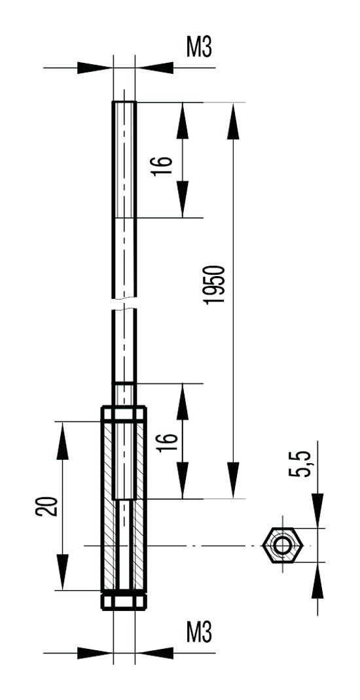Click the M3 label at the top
click(x=199, y=47)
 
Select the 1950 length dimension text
click(x=213, y=285)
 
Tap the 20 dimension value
click(x=47, y=506)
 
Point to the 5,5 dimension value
click(x=300, y=464)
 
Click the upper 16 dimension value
click(x=162, y=166)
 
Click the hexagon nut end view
click(x=282, y=545)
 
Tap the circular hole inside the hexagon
click(x=282, y=545)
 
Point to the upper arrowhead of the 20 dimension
click(x=63, y=440)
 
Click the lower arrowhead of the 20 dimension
click(x=63, y=572)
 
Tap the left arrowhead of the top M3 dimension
click(x=95, y=68)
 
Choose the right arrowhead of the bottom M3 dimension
click(x=154, y=653)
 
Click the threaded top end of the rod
click(x=124, y=160)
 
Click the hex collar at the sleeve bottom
click(x=124, y=601)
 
